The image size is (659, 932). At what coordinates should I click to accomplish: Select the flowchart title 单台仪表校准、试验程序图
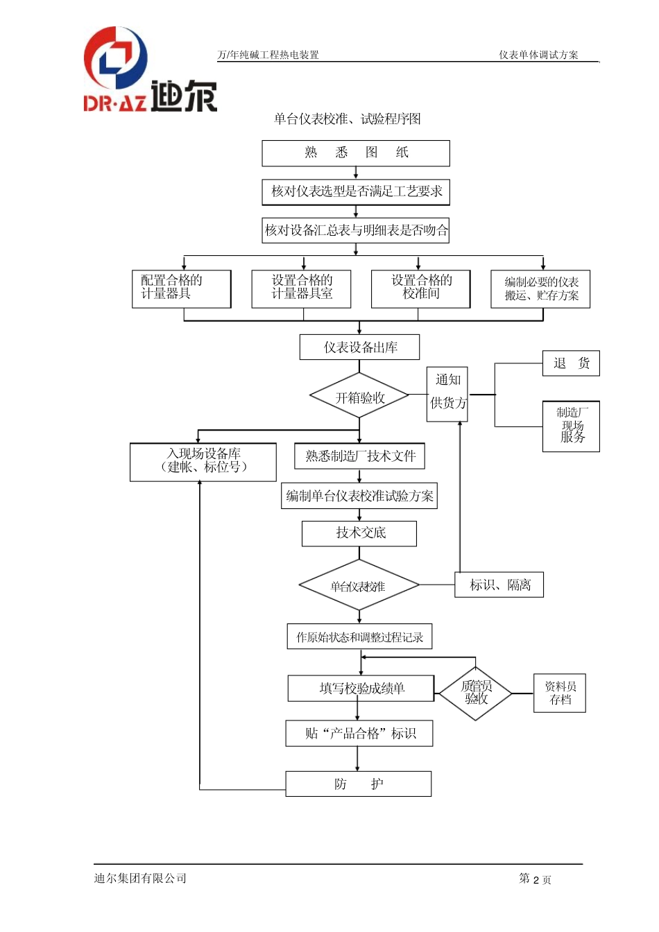click(x=347, y=119)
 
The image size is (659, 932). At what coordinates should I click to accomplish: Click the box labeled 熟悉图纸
click(x=355, y=153)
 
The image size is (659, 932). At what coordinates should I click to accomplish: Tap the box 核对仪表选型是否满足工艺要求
click(x=356, y=192)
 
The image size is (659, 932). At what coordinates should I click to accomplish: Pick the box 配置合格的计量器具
click(x=181, y=288)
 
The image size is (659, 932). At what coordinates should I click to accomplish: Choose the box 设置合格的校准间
click(x=420, y=288)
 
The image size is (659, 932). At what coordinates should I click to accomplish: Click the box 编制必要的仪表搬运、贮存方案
click(x=540, y=289)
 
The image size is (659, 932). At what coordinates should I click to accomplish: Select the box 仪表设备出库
click(x=359, y=347)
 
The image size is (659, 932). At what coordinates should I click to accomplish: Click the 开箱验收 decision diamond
click(x=359, y=397)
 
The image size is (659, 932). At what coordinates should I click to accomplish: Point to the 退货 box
click(x=571, y=363)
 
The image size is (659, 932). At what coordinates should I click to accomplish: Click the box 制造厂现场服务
click(x=571, y=426)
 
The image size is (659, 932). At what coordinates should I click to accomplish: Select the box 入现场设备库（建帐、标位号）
click(x=203, y=462)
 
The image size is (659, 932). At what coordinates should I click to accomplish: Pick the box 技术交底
click(x=359, y=533)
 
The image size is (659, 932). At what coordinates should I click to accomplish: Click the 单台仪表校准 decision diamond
click(x=359, y=586)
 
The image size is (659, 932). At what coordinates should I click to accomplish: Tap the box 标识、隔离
click(x=499, y=585)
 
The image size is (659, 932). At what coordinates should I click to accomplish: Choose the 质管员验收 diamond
click(x=476, y=693)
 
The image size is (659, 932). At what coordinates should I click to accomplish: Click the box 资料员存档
click(x=560, y=693)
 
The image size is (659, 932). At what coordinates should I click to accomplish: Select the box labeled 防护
click(x=358, y=784)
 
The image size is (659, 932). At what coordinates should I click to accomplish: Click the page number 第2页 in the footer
click(x=535, y=879)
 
